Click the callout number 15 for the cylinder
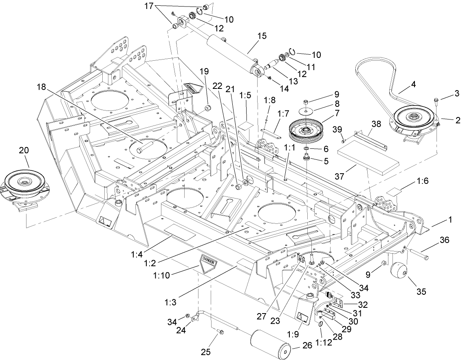pyautogui.click(x=262, y=36)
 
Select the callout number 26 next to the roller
pyautogui.click(x=307, y=345)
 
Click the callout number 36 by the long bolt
pyautogui.click(x=445, y=241)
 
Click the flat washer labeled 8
pyautogui.click(x=306, y=110)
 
